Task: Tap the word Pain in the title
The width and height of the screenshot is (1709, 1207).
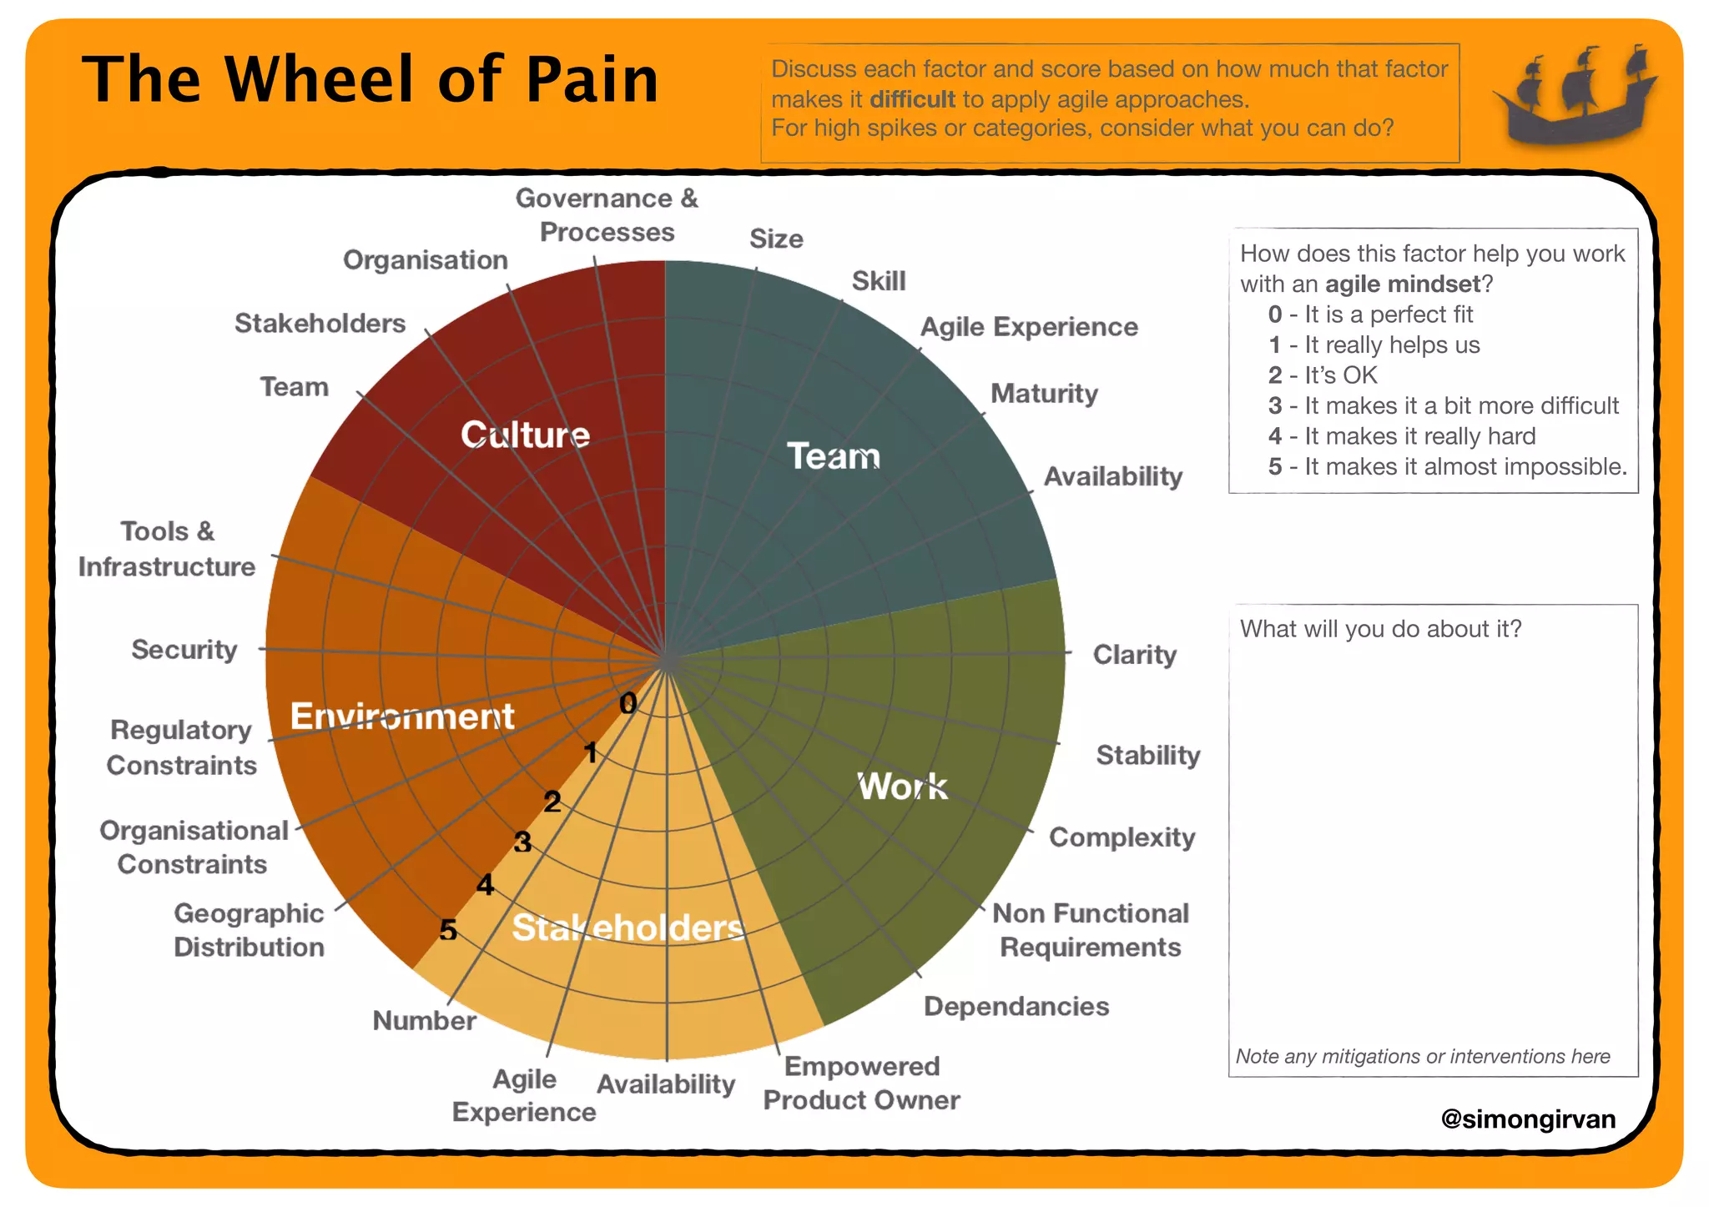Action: point(592,80)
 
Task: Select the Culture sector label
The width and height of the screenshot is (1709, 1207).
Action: point(525,435)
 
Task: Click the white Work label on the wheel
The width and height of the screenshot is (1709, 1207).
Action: point(903,787)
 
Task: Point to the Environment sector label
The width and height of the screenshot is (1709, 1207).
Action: point(402,717)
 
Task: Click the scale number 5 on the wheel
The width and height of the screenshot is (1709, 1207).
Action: point(448,929)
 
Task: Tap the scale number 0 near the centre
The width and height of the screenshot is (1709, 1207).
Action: point(628,704)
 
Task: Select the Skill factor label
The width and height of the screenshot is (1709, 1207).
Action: point(878,281)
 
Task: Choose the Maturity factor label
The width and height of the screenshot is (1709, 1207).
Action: point(1044,394)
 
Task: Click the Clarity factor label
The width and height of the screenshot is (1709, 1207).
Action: point(1134,655)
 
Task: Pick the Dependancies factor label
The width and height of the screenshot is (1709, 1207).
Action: point(1016,1007)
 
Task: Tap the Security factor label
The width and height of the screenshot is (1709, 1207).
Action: point(184,650)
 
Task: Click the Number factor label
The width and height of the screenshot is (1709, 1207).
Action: point(424,1021)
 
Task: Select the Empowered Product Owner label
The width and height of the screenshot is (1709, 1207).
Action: point(861,1083)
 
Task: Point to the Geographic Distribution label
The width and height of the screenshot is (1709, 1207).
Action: point(249,930)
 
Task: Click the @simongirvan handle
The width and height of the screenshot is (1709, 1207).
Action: point(1528,1119)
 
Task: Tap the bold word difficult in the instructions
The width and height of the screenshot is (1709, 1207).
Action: point(912,99)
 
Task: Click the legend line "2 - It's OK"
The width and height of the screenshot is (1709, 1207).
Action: point(1323,375)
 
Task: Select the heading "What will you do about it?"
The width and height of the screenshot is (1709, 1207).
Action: point(1380,629)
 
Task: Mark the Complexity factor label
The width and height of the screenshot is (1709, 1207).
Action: point(1122,837)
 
